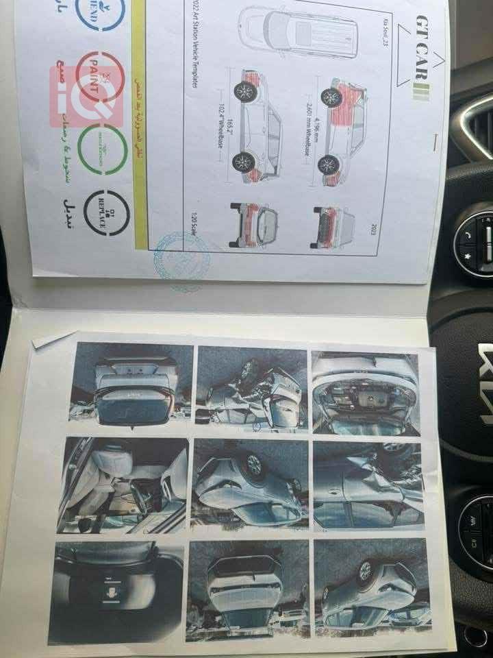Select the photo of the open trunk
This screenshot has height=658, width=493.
(134, 384)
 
